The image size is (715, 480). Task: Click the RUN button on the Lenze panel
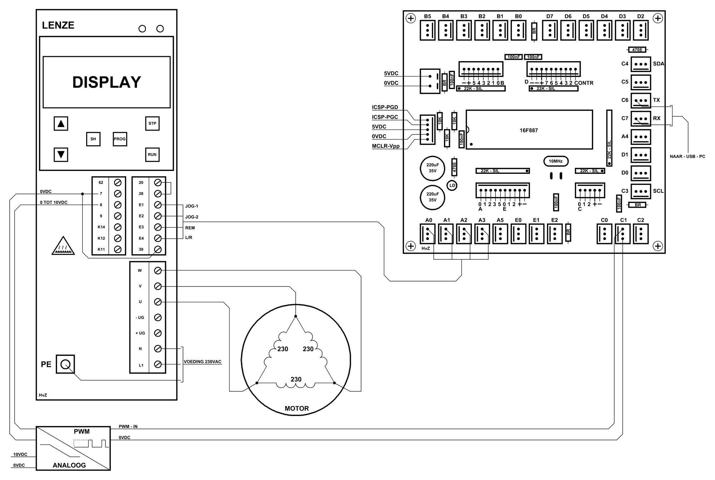pyautogui.click(x=152, y=155)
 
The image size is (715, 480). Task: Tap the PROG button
pyautogui.click(x=120, y=139)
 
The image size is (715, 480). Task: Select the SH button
pyautogui.click(x=93, y=139)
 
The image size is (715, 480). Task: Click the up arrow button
pyautogui.click(x=61, y=124)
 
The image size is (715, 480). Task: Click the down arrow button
pyautogui.click(x=61, y=155)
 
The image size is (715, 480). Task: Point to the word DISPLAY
pyautogui.click(x=107, y=82)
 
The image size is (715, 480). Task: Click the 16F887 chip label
pyautogui.click(x=529, y=131)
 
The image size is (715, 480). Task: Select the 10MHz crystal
pyautogui.click(x=556, y=161)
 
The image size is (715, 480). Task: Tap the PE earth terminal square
pyautogui.click(x=65, y=364)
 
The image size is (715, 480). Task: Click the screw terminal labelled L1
pyautogui.click(x=158, y=364)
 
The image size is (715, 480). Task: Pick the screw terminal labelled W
pyautogui.click(x=158, y=271)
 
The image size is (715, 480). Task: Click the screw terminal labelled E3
pyautogui.click(x=158, y=227)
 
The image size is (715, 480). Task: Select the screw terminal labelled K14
pyautogui.click(x=117, y=227)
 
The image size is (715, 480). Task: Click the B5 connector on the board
pyautogui.click(x=428, y=30)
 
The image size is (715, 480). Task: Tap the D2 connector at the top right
pyautogui.click(x=641, y=30)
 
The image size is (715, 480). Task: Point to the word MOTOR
pyautogui.click(x=297, y=408)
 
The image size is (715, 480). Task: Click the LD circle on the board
pyautogui.click(x=452, y=185)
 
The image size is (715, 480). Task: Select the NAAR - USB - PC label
pyautogui.click(x=687, y=156)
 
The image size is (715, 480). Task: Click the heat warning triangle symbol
pyautogui.click(x=63, y=246)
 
